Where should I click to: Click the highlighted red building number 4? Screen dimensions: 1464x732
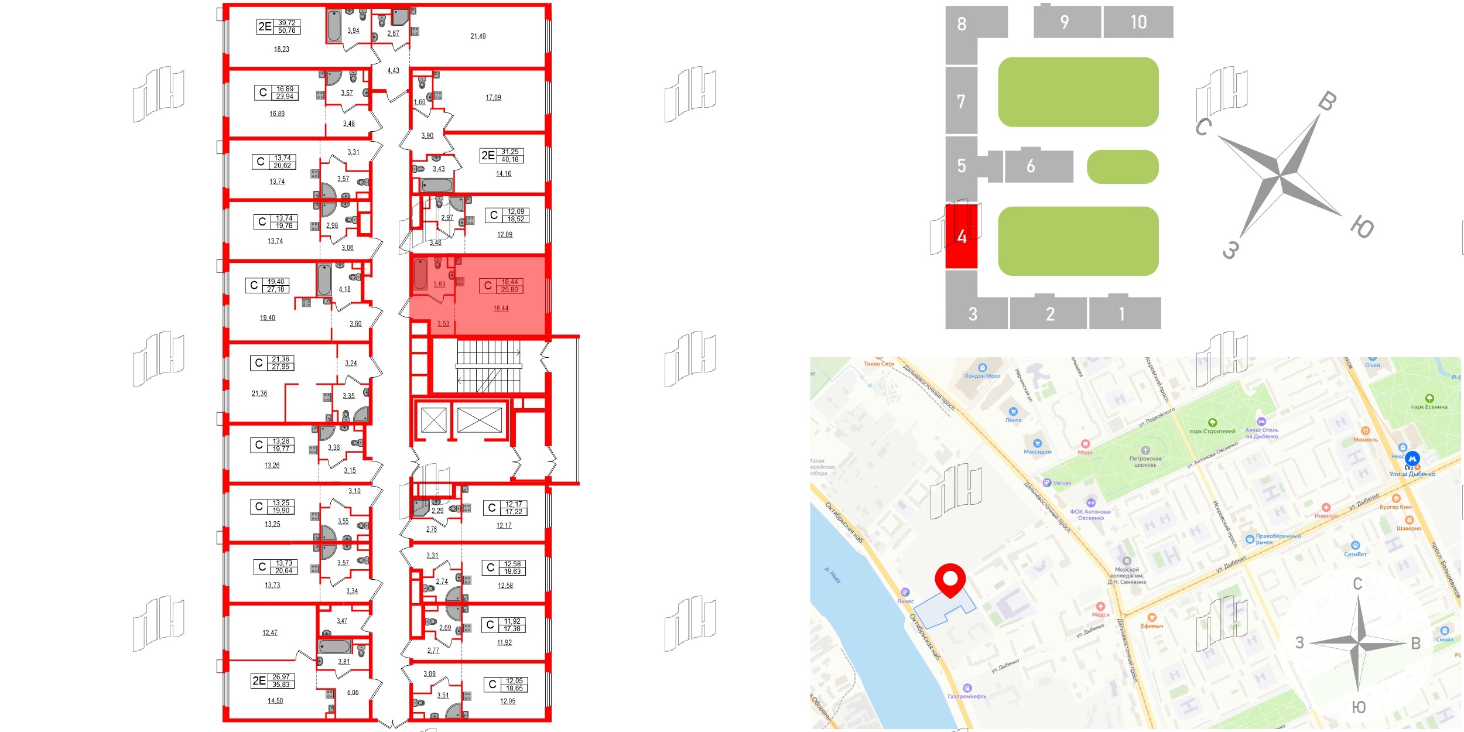(x=962, y=236)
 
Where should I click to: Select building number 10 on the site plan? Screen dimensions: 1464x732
(x=1138, y=22)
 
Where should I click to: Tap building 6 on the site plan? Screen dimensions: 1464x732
(x=1031, y=166)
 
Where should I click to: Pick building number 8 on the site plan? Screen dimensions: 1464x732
(x=962, y=24)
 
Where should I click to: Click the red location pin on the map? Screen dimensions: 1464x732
(x=950, y=579)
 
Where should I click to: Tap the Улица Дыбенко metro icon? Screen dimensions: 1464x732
(x=1412, y=459)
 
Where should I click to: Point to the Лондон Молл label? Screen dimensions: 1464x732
(x=982, y=376)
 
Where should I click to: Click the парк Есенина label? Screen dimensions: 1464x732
(x=1429, y=407)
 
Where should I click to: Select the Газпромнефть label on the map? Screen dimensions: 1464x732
(x=967, y=696)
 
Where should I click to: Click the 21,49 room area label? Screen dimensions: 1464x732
(x=478, y=36)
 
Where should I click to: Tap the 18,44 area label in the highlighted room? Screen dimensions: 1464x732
(x=501, y=309)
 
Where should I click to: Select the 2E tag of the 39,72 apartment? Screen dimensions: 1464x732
(x=265, y=26)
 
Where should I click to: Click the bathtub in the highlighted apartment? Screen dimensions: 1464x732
(x=420, y=275)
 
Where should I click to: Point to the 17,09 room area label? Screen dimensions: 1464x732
(x=493, y=98)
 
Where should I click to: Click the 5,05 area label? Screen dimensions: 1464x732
(x=353, y=693)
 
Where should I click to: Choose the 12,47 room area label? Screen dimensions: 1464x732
(x=270, y=633)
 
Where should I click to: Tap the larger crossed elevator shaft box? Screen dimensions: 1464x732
(x=479, y=420)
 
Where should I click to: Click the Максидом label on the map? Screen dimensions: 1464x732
(x=1037, y=451)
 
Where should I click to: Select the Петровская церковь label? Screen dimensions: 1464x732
(x=1145, y=461)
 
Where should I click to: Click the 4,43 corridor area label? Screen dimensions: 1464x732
(x=393, y=71)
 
